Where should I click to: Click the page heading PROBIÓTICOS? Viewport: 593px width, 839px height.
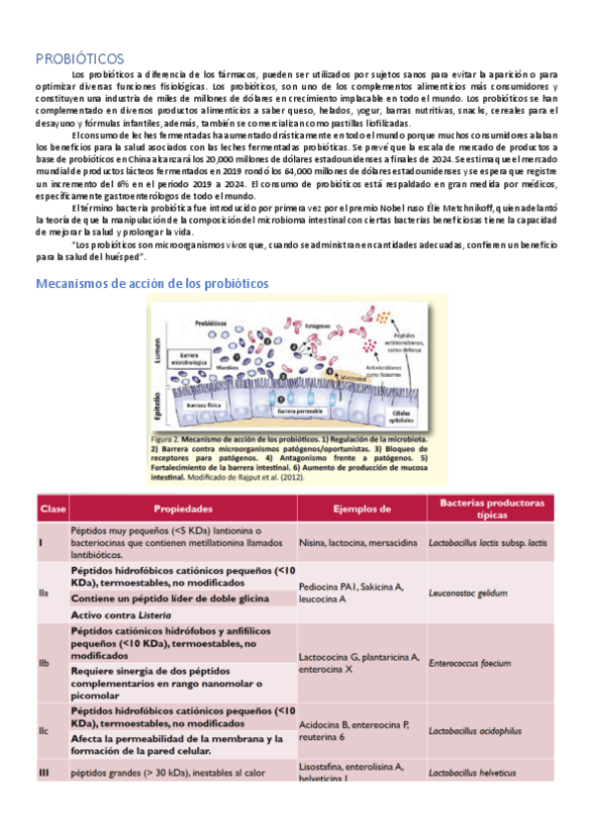click(x=79, y=57)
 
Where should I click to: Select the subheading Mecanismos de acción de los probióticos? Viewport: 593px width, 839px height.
click(x=151, y=283)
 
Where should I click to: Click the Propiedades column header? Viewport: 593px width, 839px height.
click(x=184, y=510)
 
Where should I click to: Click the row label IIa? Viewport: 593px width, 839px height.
click(x=44, y=596)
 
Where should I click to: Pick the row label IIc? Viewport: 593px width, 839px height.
click(x=44, y=731)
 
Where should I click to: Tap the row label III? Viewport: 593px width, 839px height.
click(x=44, y=772)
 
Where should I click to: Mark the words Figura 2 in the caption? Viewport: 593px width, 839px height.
click(x=164, y=437)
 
